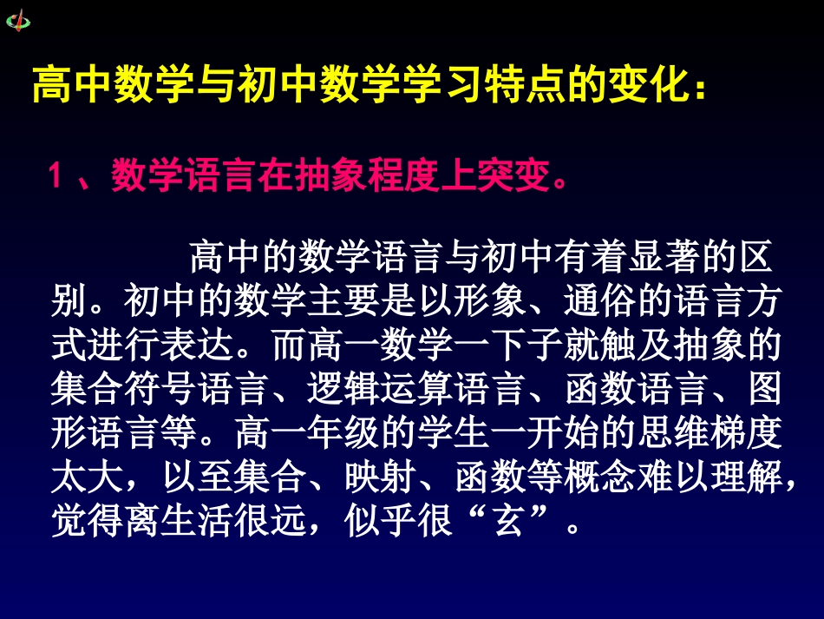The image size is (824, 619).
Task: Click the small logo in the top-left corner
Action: (17, 20)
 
